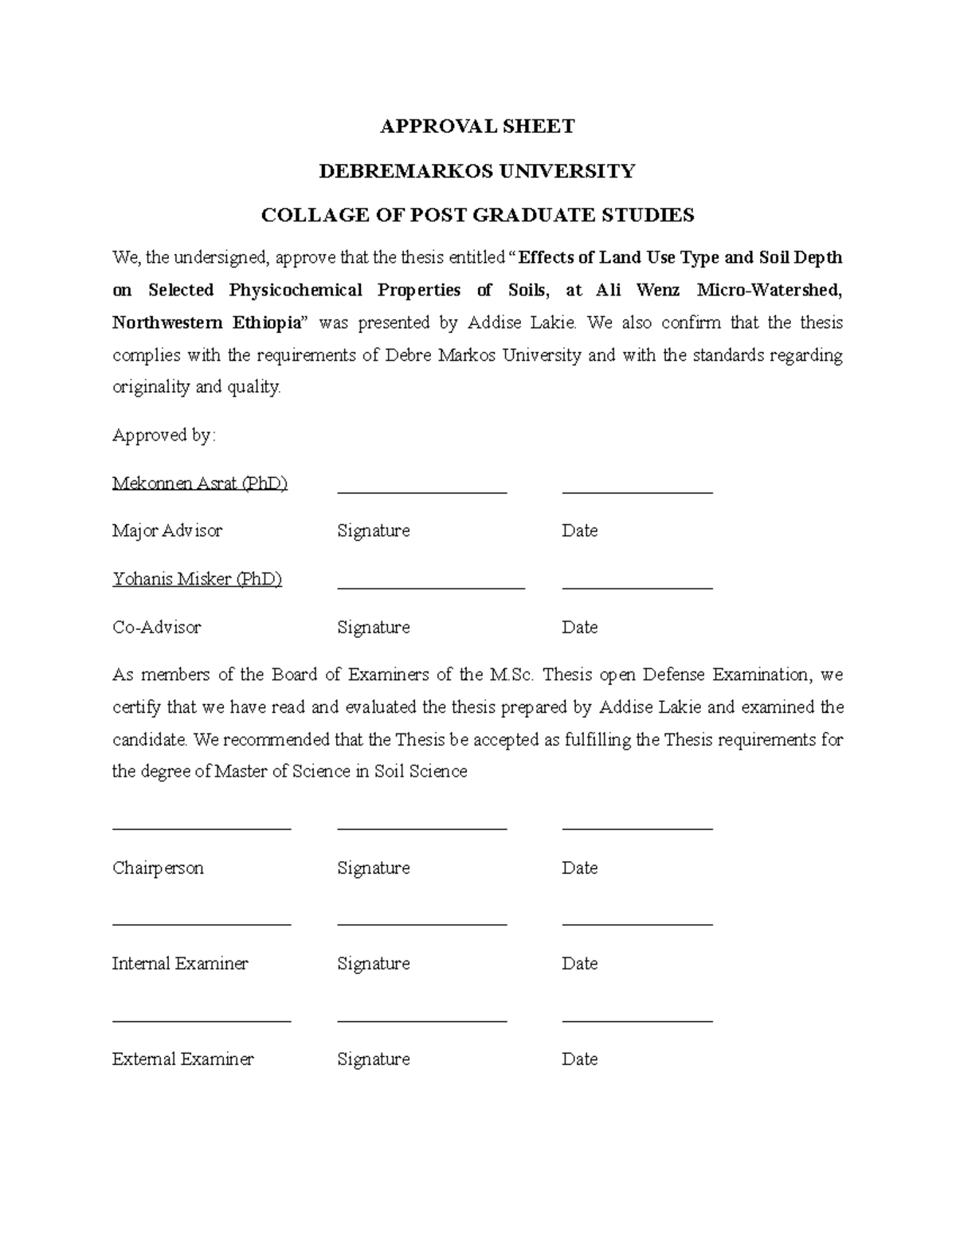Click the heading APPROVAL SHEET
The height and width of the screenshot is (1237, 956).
click(x=477, y=127)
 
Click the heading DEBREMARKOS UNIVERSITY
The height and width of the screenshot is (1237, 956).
click(x=477, y=171)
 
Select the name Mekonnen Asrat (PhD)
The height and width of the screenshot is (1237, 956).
click(x=200, y=483)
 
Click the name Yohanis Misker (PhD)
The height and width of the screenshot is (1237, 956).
click(x=198, y=579)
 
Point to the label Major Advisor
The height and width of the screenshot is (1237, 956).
click(x=167, y=530)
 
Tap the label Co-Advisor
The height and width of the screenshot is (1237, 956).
click(x=157, y=627)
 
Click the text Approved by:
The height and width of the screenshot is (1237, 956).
click(x=164, y=435)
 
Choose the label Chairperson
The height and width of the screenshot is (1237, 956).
click(x=158, y=867)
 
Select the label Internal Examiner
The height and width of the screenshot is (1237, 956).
click(x=180, y=963)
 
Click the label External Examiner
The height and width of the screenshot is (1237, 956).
click(x=182, y=1059)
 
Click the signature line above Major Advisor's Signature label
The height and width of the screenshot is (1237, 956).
click(x=422, y=493)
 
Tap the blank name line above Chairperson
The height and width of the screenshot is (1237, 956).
click(x=202, y=829)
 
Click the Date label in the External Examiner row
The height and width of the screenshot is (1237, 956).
click(x=579, y=1059)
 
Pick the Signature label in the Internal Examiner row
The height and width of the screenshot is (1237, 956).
click(x=374, y=963)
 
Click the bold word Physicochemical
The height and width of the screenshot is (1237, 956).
click(x=296, y=290)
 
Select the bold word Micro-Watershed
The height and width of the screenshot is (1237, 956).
click(x=769, y=290)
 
